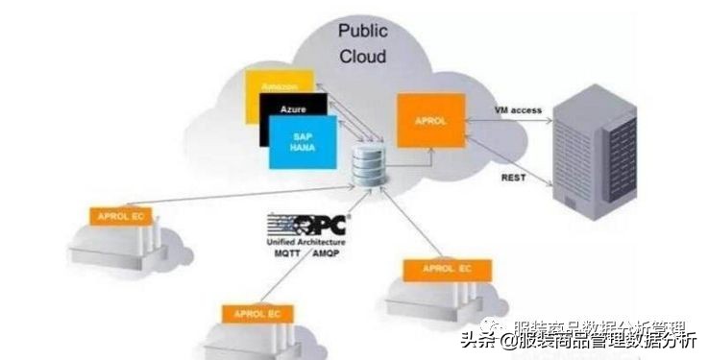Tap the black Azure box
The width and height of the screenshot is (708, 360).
tap(292, 110)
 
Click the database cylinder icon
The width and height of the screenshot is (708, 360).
tap(366, 166)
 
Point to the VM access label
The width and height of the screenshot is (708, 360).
tap(518, 110)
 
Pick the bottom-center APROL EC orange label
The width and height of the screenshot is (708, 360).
tap(253, 313)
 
